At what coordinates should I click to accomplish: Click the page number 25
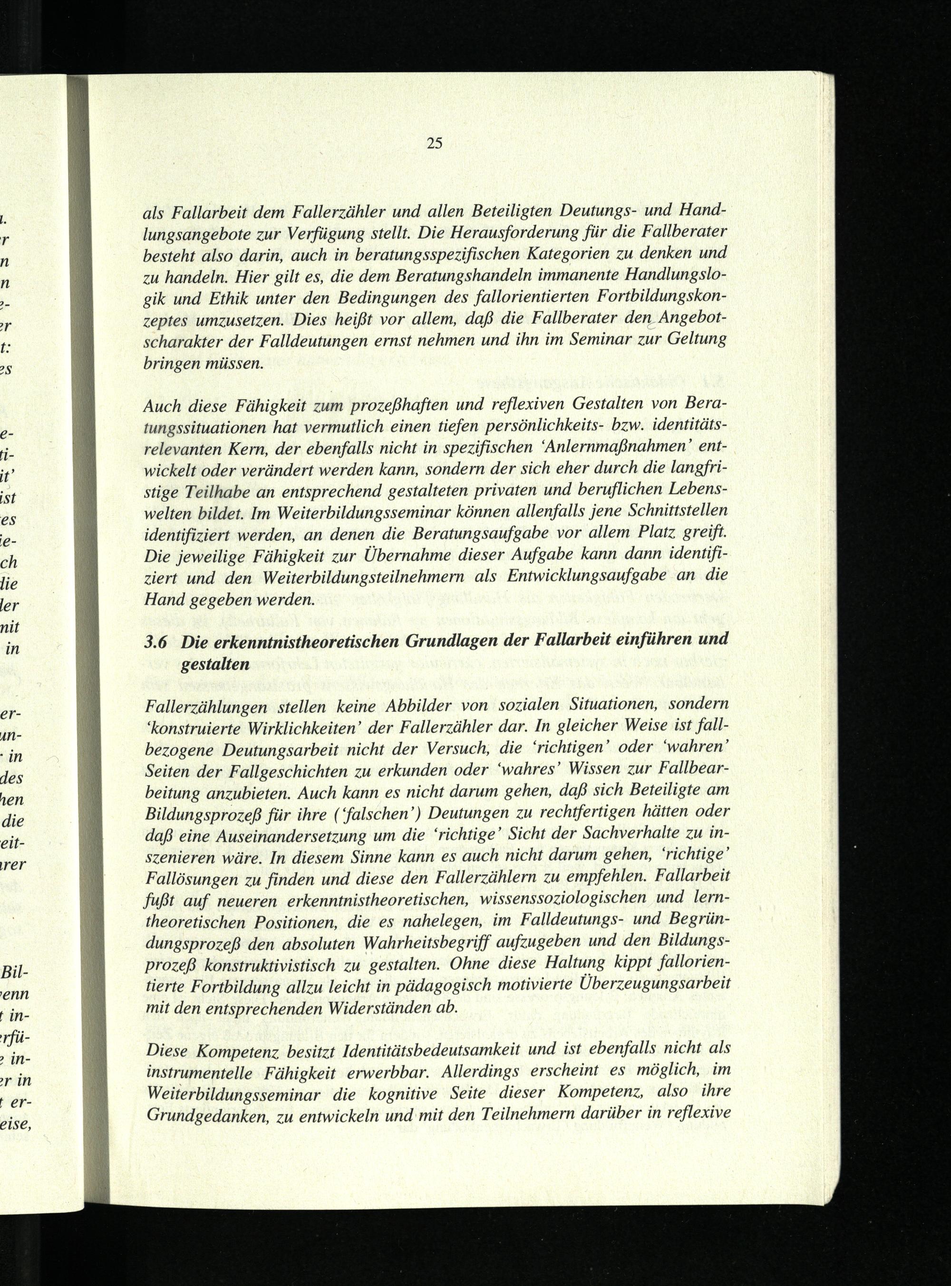pyautogui.click(x=434, y=143)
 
